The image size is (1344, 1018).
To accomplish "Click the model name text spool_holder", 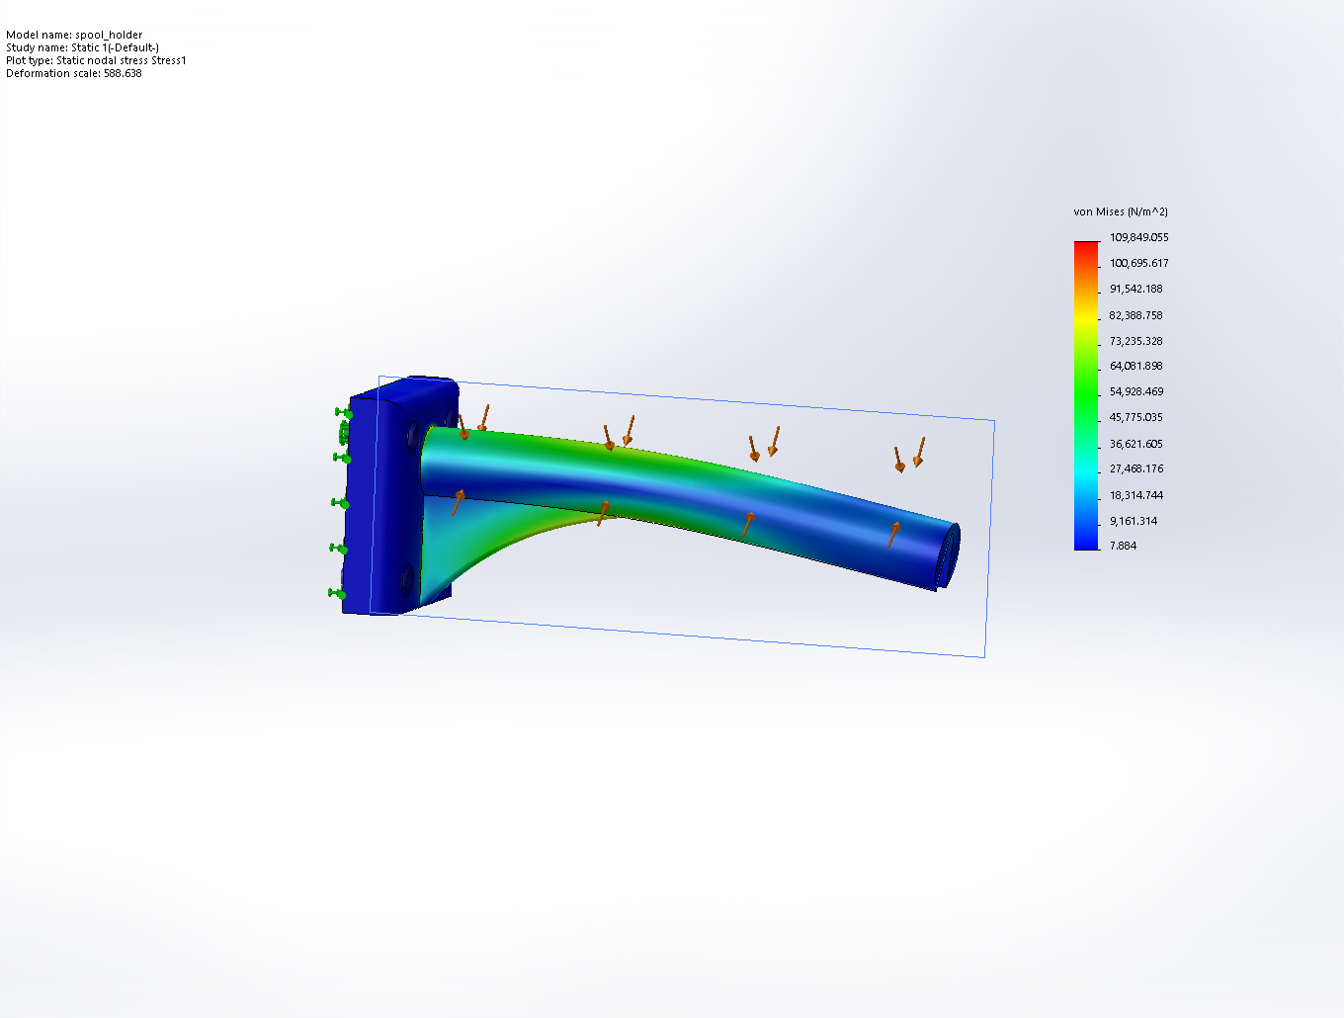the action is (109, 35).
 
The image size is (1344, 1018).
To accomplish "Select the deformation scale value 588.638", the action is (123, 73).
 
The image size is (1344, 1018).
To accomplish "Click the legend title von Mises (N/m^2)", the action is (1121, 212).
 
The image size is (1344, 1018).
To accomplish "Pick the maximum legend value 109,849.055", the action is (1138, 237).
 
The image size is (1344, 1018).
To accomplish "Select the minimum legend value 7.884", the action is (1123, 546).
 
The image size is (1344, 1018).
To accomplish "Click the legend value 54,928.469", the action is (1136, 391).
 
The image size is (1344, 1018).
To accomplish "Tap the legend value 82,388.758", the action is (1135, 316).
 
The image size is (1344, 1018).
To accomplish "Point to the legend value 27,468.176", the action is (1135, 468).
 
